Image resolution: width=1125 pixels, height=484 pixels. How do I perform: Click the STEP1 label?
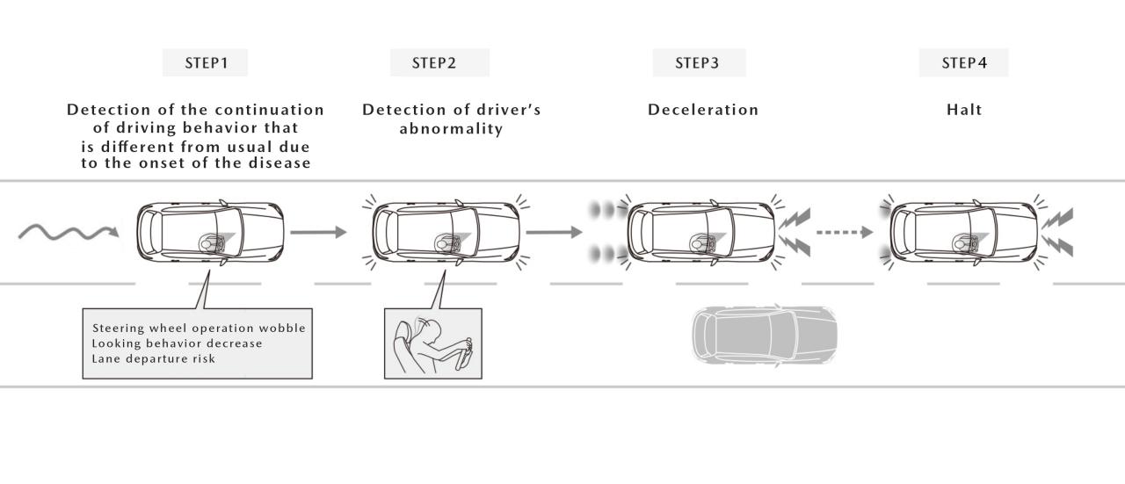[205, 62]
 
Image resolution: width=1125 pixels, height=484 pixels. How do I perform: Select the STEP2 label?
[439, 62]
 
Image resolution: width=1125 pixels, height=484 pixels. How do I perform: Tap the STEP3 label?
[698, 62]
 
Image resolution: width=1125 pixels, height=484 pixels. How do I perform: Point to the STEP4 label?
[963, 62]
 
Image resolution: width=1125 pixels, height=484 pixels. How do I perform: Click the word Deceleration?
[702, 110]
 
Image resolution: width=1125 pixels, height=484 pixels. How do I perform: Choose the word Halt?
[964, 110]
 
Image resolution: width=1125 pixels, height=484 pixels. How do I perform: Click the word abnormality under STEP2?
[451, 129]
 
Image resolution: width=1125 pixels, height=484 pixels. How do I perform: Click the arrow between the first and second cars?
[317, 233]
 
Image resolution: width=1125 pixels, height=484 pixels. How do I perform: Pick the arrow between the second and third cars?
[555, 233]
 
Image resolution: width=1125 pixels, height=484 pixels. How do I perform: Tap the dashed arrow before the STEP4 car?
[845, 233]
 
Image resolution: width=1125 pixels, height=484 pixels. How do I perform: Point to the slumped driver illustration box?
[433, 343]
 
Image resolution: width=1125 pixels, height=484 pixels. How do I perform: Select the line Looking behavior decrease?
[177, 343]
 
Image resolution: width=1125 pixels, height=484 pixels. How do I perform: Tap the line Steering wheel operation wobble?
[199, 328]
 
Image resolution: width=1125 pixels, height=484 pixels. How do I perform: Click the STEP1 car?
[212, 234]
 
